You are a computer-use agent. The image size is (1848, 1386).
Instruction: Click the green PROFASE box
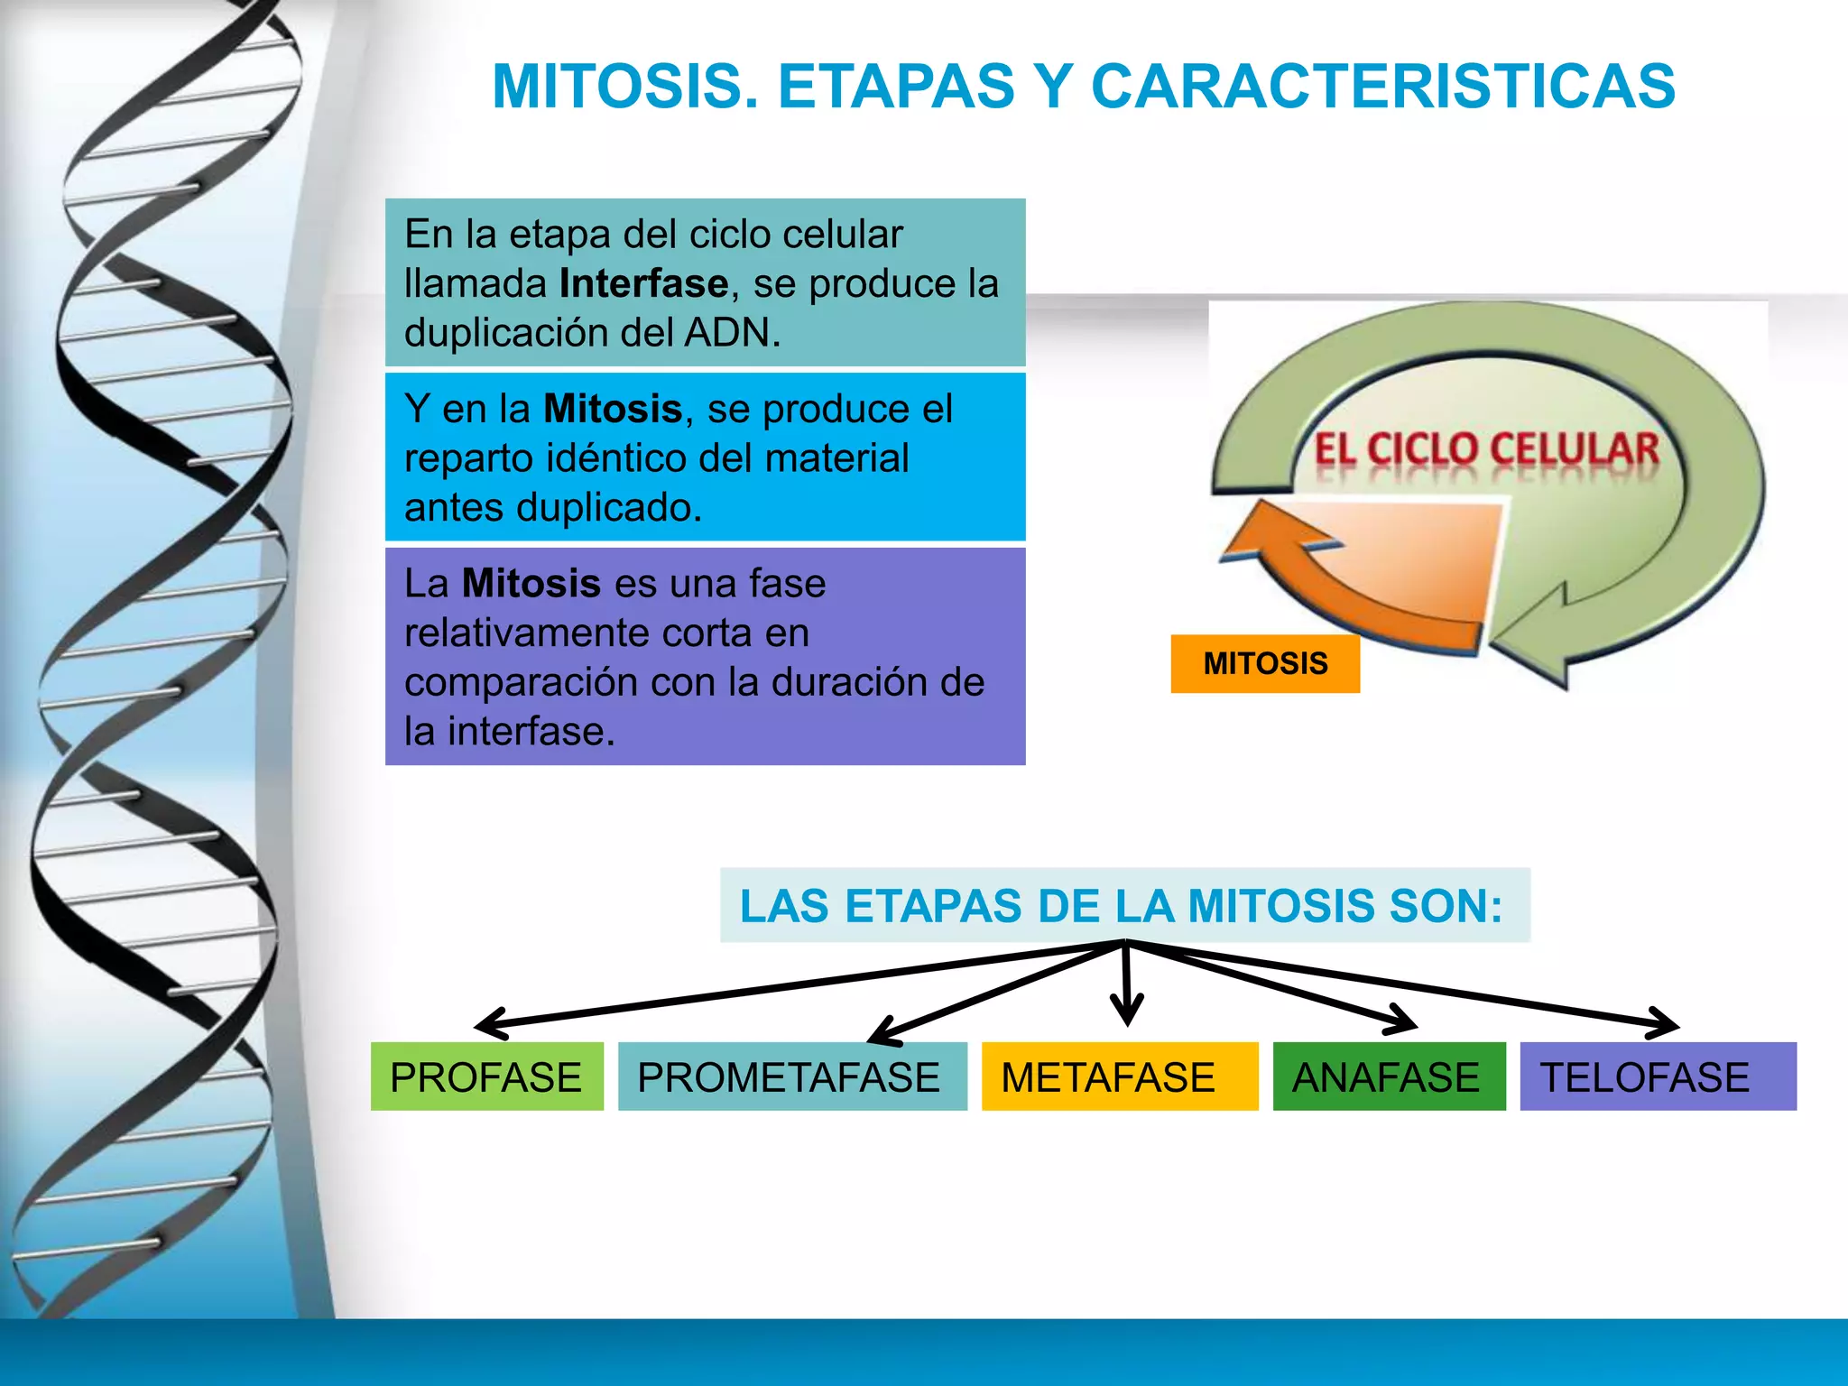tap(486, 1076)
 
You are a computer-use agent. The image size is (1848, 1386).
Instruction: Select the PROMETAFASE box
tap(791, 1076)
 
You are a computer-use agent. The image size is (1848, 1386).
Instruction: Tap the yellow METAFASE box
tap(1119, 1076)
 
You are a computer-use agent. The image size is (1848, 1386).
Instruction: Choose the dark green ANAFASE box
tap(1388, 1076)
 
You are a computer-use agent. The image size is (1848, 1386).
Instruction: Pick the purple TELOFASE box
tap(1657, 1076)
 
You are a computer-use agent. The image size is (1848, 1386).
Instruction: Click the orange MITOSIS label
tap(1264, 664)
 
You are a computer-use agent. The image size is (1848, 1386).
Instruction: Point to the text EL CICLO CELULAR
tap(1485, 449)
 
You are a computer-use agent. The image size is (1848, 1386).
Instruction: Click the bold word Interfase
tap(643, 284)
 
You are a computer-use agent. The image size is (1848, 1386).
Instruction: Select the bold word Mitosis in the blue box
tap(613, 409)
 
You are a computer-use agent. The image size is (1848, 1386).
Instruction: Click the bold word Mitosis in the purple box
tap(531, 584)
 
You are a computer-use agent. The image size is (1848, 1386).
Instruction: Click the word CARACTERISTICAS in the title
tap(1382, 88)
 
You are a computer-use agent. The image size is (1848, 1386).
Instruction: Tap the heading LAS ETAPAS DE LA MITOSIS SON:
tap(1122, 906)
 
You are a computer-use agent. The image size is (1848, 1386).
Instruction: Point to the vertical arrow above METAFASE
tap(1126, 988)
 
